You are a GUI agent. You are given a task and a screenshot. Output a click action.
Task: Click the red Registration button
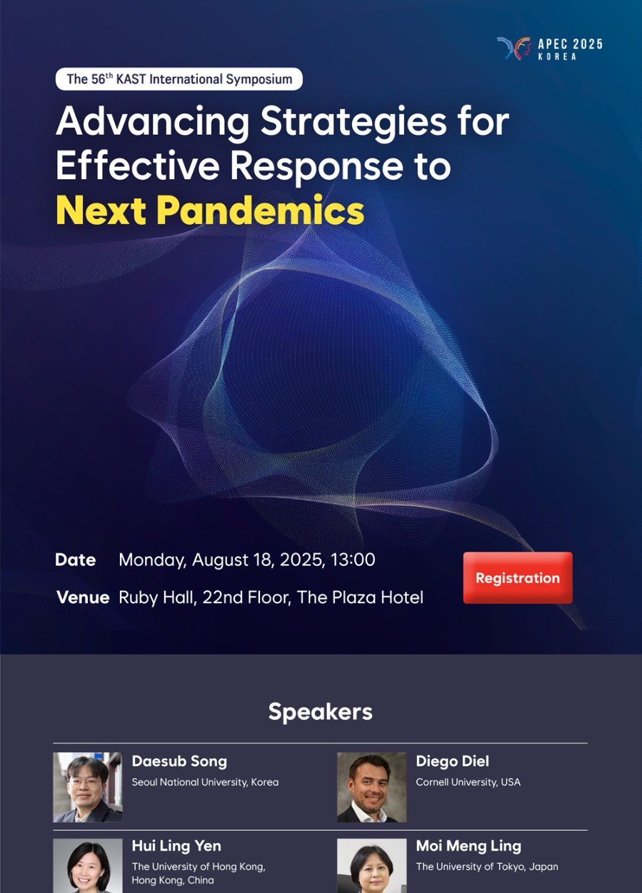click(518, 577)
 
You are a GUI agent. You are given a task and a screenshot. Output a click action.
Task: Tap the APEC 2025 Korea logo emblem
click(513, 49)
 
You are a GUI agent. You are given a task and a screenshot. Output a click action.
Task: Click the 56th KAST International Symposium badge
click(179, 79)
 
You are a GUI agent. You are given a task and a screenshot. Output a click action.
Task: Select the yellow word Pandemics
click(261, 210)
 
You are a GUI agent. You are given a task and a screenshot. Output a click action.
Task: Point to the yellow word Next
click(101, 211)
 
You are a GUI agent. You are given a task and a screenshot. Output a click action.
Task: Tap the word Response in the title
click(316, 166)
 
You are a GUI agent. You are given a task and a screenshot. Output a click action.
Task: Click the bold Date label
click(76, 560)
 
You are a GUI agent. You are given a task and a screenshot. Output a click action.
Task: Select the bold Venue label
click(83, 597)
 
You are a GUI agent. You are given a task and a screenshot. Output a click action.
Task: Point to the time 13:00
click(353, 560)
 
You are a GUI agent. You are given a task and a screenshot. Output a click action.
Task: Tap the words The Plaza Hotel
click(360, 597)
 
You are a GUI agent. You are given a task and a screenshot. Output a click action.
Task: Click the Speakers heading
click(321, 712)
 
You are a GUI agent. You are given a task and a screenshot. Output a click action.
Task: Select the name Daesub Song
click(179, 762)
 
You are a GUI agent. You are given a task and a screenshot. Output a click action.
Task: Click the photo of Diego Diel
click(371, 787)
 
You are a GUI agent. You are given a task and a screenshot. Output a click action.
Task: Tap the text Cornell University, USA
click(468, 782)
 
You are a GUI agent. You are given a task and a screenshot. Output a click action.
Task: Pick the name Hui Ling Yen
click(176, 846)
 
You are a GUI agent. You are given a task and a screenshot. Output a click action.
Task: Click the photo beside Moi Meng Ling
click(371, 865)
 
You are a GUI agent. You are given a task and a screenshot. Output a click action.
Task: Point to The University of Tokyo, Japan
click(487, 867)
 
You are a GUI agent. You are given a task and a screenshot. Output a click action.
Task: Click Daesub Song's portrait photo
click(88, 787)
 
